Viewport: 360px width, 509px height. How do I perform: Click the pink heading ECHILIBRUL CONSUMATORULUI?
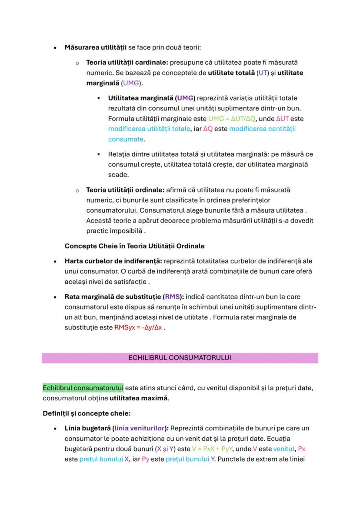[x=180, y=358]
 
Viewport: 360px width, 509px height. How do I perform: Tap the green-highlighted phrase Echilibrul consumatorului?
[x=83, y=387]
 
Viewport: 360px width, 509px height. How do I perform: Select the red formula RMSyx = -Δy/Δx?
[x=139, y=327]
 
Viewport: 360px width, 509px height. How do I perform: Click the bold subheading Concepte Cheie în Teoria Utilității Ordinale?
[x=134, y=246]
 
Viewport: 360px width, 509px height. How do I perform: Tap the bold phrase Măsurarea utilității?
[x=96, y=47]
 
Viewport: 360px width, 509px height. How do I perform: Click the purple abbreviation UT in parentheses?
[x=263, y=73]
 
